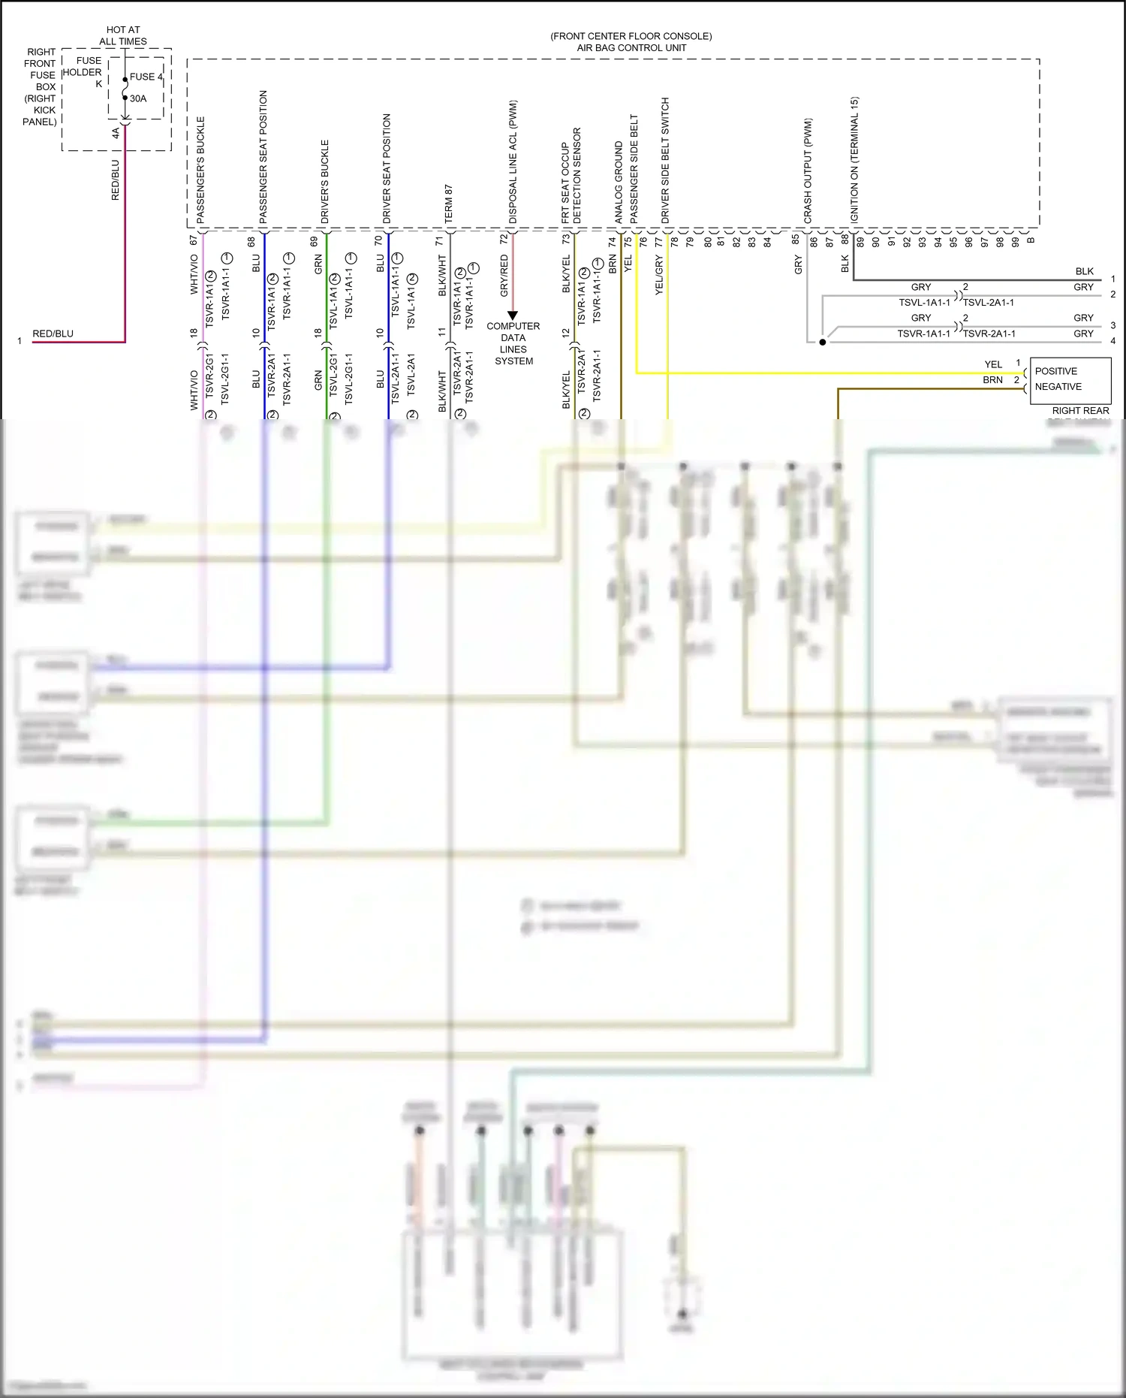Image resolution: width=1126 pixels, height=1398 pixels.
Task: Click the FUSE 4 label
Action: [x=146, y=77]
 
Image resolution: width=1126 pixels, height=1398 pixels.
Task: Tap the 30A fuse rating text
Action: [x=138, y=98]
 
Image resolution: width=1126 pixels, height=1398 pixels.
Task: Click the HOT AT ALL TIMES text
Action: [x=123, y=35]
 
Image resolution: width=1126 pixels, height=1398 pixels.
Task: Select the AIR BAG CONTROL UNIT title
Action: [x=631, y=47]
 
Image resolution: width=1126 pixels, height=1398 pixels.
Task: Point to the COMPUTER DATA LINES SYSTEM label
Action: [x=513, y=343]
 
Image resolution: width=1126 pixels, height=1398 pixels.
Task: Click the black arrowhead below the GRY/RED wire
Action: [x=513, y=316]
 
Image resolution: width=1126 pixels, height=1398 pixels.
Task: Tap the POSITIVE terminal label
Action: [x=1055, y=371]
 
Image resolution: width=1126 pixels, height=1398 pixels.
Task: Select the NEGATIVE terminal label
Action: [x=1058, y=387]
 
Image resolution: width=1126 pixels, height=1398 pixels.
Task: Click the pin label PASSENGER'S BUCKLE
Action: [x=200, y=169]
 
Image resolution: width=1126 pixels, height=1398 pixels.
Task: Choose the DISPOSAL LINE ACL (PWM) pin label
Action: [x=513, y=162]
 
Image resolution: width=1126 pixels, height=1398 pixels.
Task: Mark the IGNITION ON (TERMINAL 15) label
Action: [x=854, y=159]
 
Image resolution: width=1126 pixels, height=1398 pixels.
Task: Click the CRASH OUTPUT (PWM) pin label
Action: [x=808, y=171]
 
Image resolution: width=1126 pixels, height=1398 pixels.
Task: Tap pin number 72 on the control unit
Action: [x=504, y=239]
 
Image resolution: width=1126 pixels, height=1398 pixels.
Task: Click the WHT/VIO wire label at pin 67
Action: [x=194, y=274]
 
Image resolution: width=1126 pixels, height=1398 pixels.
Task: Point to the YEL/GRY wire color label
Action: [x=659, y=275]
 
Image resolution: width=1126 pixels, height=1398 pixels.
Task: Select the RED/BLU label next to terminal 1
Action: [x=53, y=334]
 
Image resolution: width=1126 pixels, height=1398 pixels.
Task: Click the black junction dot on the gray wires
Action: [x=823, y=342]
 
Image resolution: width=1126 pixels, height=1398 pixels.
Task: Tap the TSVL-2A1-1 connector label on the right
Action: [x=989, y=303]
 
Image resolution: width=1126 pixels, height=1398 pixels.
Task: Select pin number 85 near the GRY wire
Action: [x=795, y=240]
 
